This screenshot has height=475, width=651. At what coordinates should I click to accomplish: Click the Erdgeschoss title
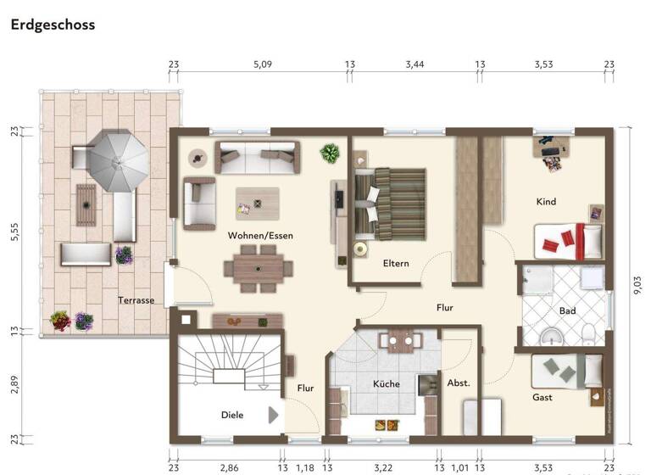pyautogui.click(x=53, y=25)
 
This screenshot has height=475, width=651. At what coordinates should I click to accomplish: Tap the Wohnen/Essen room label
pyautogui.click(x=260, y=235)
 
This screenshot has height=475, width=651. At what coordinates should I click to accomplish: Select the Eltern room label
pyautogui.click(x=395, y=263)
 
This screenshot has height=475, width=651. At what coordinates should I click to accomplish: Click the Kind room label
pyautogui.click(x=546, y=202)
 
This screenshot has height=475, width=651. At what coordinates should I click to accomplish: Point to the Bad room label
pyautogui.click(x=567, y=311)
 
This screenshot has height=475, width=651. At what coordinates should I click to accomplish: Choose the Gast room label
pyautogui.click(x=542, y=397)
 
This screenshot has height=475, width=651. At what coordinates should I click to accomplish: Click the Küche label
pyautogui.click(x=386, y=384)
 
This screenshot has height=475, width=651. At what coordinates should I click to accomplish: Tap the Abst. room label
pyautogui.click(x=459, y=383)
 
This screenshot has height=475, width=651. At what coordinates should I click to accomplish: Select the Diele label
pyautogui.click(x=232, y=415)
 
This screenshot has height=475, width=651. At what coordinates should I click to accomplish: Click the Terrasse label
pyautogui.click(x=136, y=300)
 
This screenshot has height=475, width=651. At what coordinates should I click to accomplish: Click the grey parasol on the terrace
pyautogui.click(x=119, y=161)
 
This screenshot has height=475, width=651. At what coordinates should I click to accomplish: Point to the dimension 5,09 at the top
pyautogui.click(x=263, y=64)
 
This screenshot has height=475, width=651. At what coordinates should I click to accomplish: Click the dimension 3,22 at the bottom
pyautogui.click(x=383, y=467)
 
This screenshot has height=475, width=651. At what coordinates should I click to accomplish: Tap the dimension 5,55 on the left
pyautogui.click(x=14, y=232)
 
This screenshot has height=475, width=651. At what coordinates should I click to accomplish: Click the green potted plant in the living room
pyautogui.click(x=329, y=154)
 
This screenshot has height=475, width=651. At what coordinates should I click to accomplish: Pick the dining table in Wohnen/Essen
pyautogui.click(x=257, y=264)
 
